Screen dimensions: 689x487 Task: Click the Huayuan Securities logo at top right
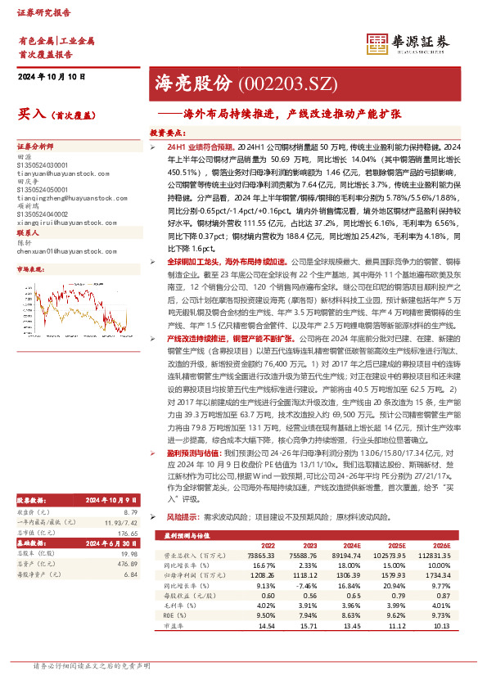(407, 43)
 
